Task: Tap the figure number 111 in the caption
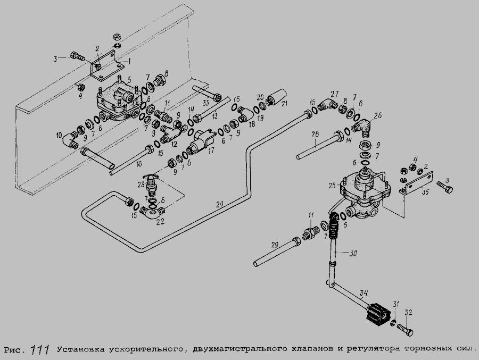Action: click(40, 349)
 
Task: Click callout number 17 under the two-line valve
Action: click(211, 151)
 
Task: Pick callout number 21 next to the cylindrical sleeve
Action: click(284, 103)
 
